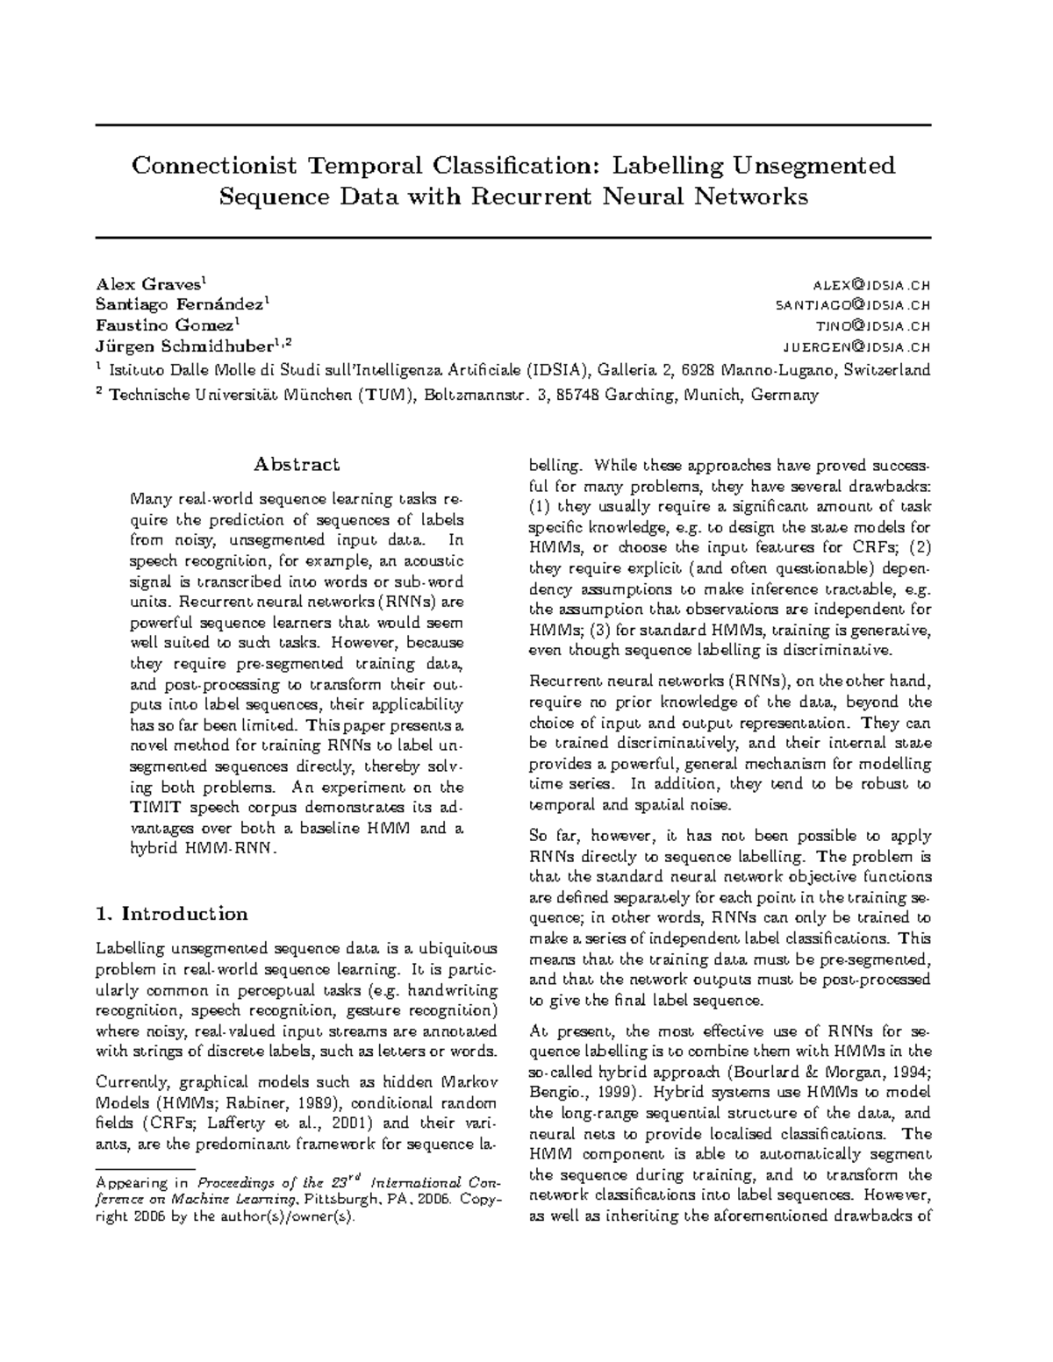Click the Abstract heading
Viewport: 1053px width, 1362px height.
pos(297,464)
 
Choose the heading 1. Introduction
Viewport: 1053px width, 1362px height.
pos(172,914)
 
